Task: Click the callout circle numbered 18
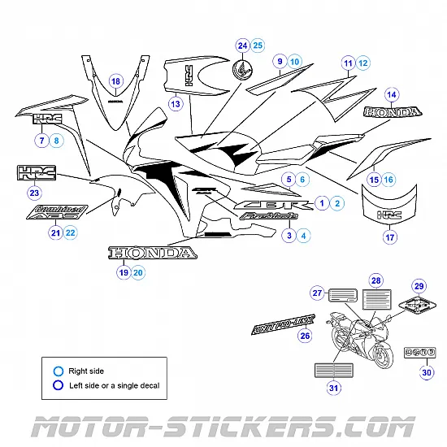point(115,81)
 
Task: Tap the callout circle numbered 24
point(242,45)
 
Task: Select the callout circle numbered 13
point(175,104)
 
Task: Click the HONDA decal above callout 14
point(393,112)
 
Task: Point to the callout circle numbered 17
point(390,238)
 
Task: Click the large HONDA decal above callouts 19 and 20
point(153,254)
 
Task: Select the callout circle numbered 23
point(34,193)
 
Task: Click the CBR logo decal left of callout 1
point(273,206)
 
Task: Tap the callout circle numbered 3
point(288,236)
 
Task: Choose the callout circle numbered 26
point(305,336)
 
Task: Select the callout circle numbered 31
point(333,388)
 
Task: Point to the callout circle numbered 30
point(427,373)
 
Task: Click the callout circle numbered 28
point(375,280)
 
